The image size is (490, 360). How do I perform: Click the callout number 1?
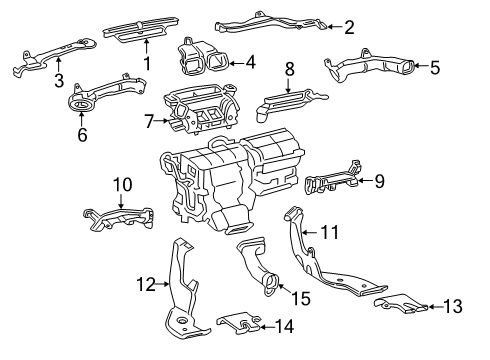point(146,64)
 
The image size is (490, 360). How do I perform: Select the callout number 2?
point(348,27)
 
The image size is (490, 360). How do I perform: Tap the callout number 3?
point(59,80)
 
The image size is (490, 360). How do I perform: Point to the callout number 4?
point(249,62)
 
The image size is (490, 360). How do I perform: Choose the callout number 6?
point(81,131)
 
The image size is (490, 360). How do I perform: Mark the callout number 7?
point(149,122)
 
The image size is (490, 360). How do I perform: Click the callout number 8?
point(289,69)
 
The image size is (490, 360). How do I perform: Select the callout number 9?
point(379,181)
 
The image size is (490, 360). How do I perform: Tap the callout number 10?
point(121,184)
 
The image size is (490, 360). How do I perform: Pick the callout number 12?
point(146,285)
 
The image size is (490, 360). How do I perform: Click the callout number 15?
point(301,299)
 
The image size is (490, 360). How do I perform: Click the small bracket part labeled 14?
point(238,322)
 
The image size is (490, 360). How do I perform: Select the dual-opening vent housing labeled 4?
point(203,57)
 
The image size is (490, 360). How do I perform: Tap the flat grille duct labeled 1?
point(147,34)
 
